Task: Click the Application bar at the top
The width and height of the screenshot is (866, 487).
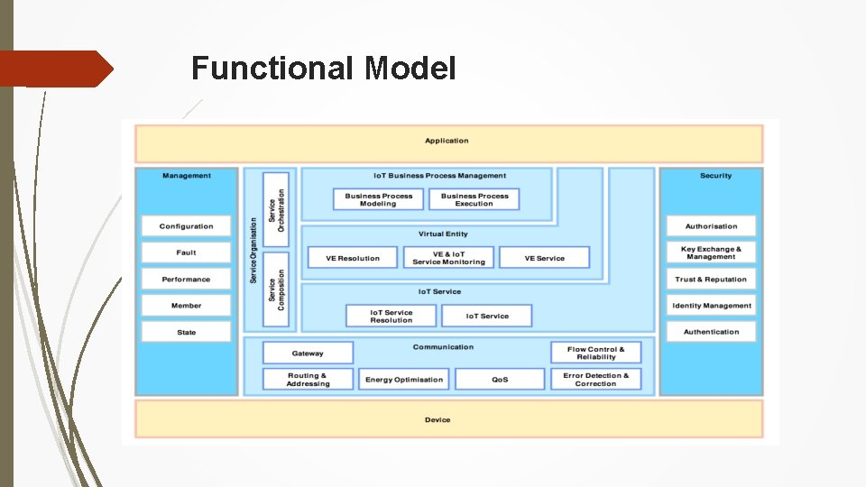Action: pyautogui.click(x=448, y=142)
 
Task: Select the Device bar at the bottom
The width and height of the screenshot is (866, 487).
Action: pyautogui.click(x=448, y=419)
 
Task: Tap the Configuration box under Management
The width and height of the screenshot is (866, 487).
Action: pyautogui.click(x=187, y=226)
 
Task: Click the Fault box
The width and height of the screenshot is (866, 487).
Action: pyautogui.click(x=187, y=253)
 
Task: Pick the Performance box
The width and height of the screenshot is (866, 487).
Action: pyautogui.click(x=187, y=280)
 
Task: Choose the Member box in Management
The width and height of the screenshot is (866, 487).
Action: pyautogui.click(x=187, y=306)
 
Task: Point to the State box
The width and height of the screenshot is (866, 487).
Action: pyautogui.click(x=187, y=332)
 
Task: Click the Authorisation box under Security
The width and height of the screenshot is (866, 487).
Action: pyautogui.click(x=711, y=226)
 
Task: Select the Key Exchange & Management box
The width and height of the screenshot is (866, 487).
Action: pyautogui.click(x=711, y=253)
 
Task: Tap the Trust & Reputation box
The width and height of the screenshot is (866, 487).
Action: pyautogui.click(x=711, y=280)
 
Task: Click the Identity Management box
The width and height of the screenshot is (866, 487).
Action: pyautogui.click(x=711, y=306)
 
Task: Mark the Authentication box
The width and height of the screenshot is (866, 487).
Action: pyautogui.click(x=711, y=332)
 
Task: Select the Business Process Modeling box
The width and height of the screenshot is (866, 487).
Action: pyautogui.click(x=378, y=199)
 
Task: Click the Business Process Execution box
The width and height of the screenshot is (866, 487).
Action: pyautogui.click(x=474, y=199)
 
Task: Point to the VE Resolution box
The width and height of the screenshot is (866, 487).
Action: pyautogui.click(x=352, y=258)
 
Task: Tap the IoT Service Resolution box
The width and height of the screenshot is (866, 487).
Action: pyautogui.click(x=392, y=316)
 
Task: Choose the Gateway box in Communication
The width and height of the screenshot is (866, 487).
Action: pyautogui.click(x=308, y=354)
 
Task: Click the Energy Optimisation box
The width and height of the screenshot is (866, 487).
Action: pyautogui.click(x=404, y=380)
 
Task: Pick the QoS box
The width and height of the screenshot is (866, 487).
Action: pyautogui.click(x=500, y=380)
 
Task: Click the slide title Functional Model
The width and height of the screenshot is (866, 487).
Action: pyautogui.click(x=324, y=69)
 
